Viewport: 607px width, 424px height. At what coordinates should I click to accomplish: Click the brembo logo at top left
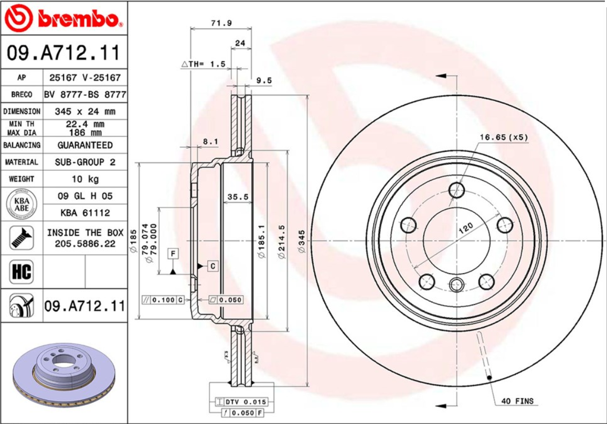point(63,18)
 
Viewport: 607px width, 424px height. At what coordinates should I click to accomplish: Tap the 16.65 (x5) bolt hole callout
point(503,137)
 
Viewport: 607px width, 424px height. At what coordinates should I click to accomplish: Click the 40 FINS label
point(517,401)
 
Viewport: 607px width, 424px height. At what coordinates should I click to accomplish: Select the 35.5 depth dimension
point(237,197)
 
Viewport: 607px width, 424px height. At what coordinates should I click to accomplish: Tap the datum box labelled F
point(173,254)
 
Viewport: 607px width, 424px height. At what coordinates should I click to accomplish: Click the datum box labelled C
point(213,266)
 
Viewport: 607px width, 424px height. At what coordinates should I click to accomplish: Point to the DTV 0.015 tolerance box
point(242,402)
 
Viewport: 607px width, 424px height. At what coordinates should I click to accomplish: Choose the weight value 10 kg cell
point(85,179)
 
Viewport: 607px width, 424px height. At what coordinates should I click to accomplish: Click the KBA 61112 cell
point(85,213)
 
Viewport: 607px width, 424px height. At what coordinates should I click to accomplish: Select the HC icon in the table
point(21,272)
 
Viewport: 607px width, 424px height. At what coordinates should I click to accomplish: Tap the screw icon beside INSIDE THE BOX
point(21,238)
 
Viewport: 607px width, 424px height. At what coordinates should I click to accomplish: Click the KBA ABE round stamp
point(21,204)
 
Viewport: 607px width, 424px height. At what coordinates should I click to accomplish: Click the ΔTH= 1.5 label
point(204,64)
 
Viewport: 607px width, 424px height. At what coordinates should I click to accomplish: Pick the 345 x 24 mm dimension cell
point(85,112)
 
